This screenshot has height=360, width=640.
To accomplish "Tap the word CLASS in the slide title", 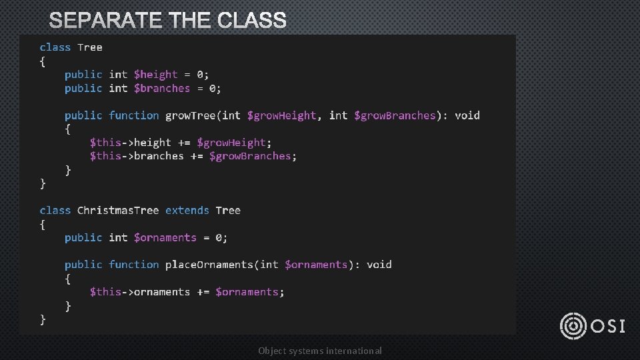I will (x=251, y=21).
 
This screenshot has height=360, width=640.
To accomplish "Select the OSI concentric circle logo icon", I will (x=573, y=325).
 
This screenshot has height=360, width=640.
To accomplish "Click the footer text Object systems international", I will (x=320, y=351).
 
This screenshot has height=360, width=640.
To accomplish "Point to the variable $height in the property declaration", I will (x=156, y=75).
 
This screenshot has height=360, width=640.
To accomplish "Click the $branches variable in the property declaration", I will (x=162, y=88).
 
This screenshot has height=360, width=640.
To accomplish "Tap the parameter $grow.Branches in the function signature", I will (x=395, y=115).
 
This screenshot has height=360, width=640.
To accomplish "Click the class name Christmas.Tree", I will (x=118, y=211).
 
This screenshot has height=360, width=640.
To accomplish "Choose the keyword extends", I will (x=187, y=211).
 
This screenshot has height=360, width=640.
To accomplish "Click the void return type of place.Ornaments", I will (x=379, y=265).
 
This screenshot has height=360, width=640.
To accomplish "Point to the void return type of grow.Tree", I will (x=467, y=115).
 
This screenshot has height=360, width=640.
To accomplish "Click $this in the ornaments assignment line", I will (x=105, y=292).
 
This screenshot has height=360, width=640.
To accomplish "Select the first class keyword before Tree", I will (x=55, y=47).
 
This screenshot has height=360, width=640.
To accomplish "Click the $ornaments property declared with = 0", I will (x=165, y=238).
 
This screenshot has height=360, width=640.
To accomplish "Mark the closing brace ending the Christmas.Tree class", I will (x=43, y=319).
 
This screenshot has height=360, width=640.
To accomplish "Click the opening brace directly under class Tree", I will (x=43, y=61).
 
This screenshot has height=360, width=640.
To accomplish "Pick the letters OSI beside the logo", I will (x=608, y=326).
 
